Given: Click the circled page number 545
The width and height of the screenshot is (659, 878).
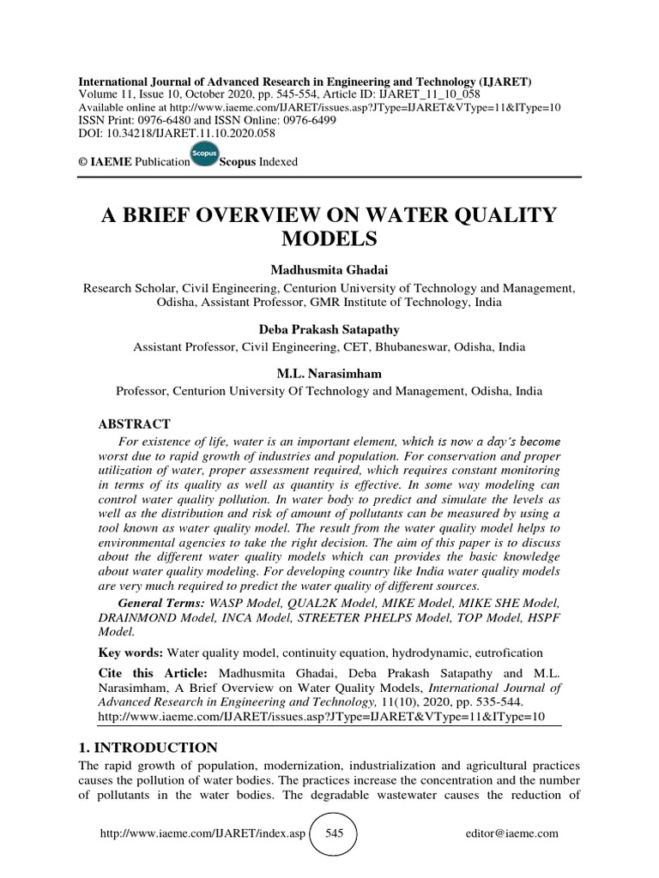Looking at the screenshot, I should point(331,833).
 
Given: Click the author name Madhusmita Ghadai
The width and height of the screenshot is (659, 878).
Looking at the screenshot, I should point(329,270).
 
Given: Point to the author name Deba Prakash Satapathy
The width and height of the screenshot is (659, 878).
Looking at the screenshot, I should point(329,329).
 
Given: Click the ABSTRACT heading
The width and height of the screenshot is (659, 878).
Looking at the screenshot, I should point(136,424).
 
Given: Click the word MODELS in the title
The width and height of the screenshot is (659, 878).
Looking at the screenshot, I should point(329,236).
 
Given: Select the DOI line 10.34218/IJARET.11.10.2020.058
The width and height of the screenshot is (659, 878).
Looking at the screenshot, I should point(168,134).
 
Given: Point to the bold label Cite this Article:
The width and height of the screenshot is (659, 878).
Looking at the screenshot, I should point(157,674).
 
